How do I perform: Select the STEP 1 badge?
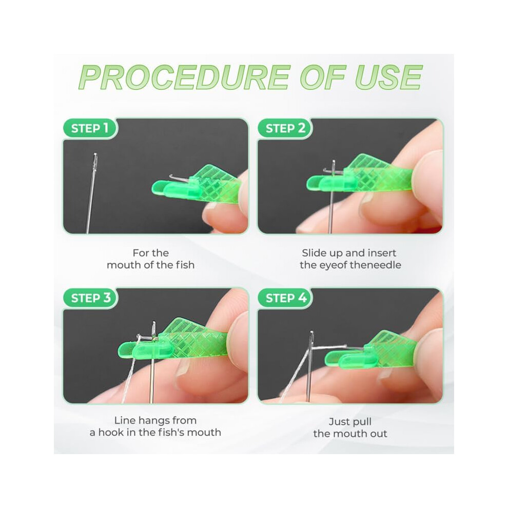[x=90, y=128]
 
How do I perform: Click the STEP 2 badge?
[x=285, y=128]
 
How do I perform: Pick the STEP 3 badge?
[x=90, y=298]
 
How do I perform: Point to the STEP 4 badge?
[x=285, y=298]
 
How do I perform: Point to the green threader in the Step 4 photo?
[x=369, y=351]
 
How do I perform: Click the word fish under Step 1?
[x=185, y=265]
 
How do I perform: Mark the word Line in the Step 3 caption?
[x=123, y=420]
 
